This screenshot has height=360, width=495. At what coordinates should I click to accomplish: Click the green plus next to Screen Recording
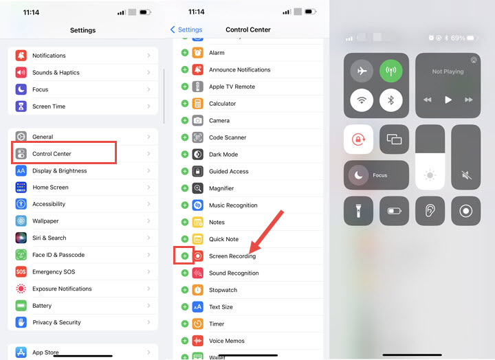pos(185,256)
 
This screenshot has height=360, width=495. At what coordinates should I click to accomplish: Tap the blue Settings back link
pos(186,30)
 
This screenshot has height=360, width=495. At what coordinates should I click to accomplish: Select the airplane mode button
pos(362,71)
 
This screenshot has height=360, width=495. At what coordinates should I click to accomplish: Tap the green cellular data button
pos(390,71)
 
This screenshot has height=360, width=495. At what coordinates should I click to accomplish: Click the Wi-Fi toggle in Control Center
pos(362,100)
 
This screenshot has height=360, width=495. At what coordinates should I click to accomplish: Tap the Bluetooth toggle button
pos(390,100)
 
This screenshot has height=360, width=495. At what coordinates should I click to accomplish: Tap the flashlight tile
pos(358,211)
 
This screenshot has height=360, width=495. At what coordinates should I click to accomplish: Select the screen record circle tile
pos(465,211)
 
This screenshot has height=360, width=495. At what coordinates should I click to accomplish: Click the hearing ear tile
pos(430,211)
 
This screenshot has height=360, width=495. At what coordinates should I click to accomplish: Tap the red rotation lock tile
pos(358,139)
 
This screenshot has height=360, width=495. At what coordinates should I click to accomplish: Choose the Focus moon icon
pos(358,175)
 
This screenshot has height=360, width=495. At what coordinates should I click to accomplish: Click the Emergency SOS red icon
pos(21,271)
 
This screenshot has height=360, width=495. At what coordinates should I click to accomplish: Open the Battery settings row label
pos(42,306)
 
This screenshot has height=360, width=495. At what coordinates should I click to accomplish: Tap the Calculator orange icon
pos(197,104)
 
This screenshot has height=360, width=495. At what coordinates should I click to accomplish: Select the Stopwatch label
pos(223,290)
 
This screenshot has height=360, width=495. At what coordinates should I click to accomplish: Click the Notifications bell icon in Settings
pos(21,56)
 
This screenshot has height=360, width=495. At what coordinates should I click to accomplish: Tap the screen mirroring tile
pos(394,139)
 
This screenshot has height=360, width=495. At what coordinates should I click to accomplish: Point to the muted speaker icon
pos(466,175)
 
